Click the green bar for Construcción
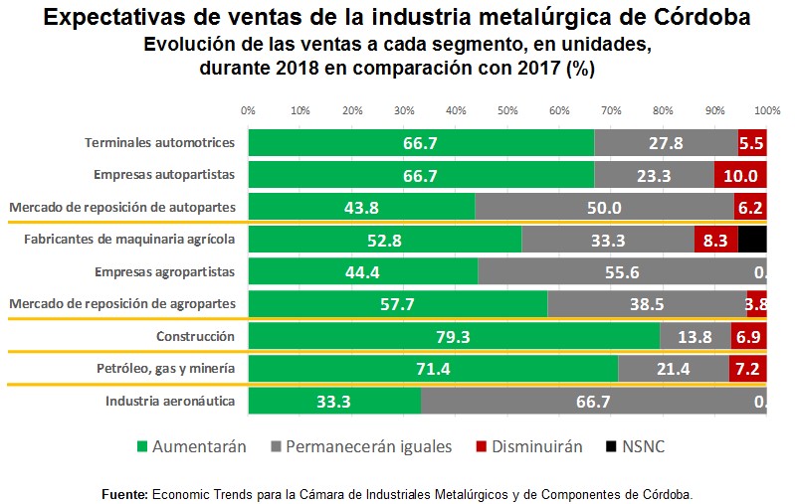click(454, 336)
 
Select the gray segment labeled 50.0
click(604, 207)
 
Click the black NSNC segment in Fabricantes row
click(752, 240)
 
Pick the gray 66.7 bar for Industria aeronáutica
click(593, 401)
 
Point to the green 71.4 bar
click(433, 369)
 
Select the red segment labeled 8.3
click(715, 240)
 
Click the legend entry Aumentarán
click(191, 446)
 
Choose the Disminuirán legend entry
click(537, 446)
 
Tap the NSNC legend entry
click(637, 446)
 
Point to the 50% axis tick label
click(507, 109)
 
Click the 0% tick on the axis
click(249, 109)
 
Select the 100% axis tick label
click(765, 109)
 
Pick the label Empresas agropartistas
click(164, 271)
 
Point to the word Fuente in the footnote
click(124, 493)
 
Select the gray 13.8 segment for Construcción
click(695, 336)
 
